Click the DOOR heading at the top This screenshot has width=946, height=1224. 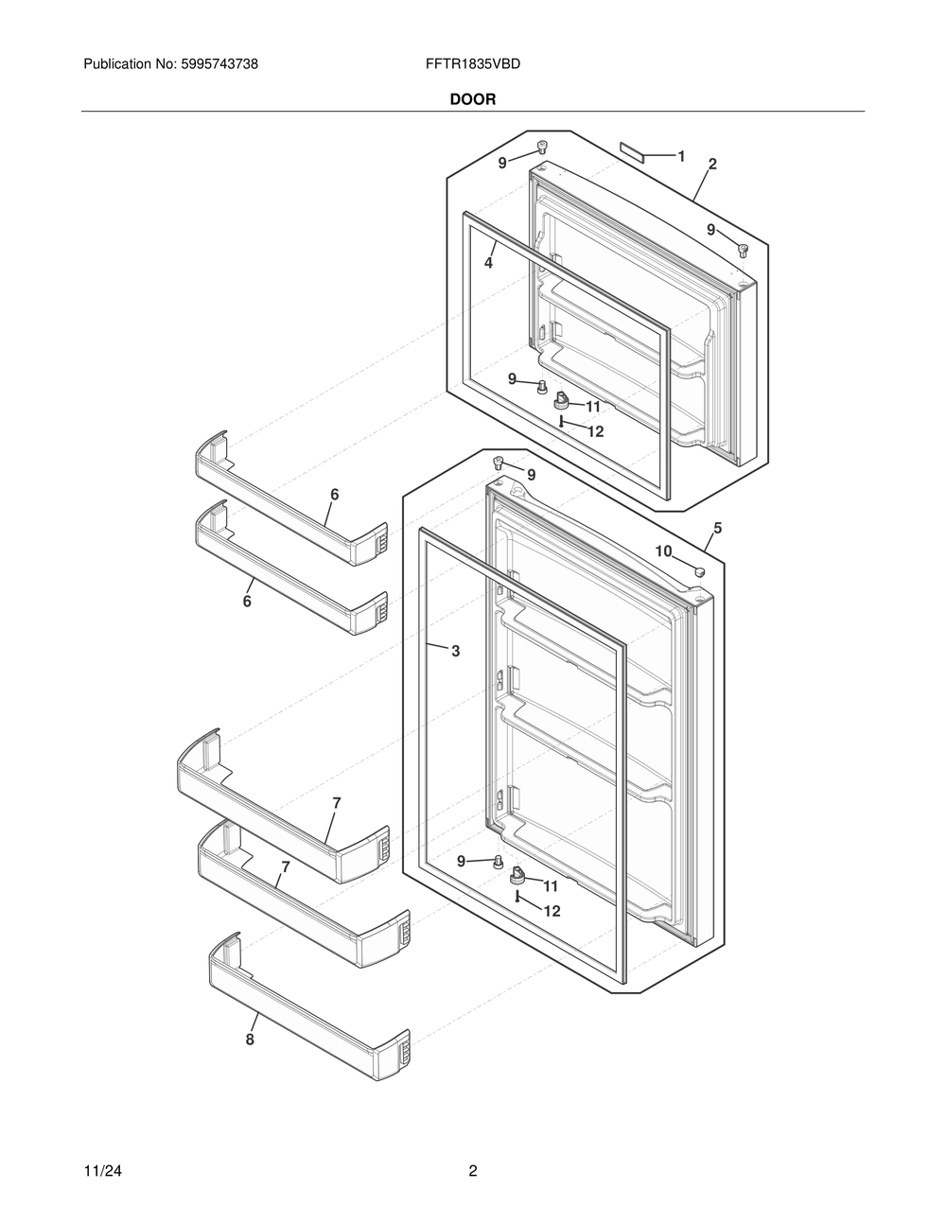tap(472, 98)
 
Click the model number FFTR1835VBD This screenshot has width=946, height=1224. tap(473, 64)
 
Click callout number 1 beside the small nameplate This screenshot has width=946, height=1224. tap(681, 156)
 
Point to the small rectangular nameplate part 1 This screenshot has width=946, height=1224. tap(631, 150)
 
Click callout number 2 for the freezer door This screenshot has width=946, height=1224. tap(712, 164)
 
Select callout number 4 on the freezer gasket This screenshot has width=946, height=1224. tap(488, 264)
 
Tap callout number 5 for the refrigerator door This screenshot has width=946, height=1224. tap(718, 529)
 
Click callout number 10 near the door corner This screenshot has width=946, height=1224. tap(663, 551)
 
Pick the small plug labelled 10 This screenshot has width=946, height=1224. tap(699, 570)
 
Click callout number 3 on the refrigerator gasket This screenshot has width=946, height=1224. tap(455, 651)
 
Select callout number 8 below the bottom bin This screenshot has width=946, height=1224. tap(250, 1040)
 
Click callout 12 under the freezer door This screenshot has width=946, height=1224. tap(595, 431)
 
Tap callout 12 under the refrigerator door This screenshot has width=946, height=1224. tap(552, 911)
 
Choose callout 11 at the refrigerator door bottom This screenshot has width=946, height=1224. tap(550, 886)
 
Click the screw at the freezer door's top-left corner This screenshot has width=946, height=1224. tap(542, 148)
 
